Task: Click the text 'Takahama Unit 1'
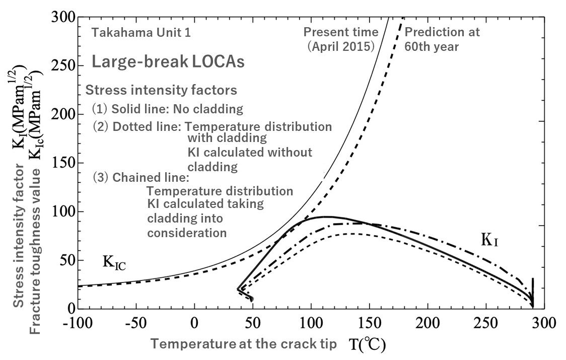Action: (133, 34)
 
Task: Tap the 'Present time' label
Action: (340, 32)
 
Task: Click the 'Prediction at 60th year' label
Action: (442, 38)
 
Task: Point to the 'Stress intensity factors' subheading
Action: (161, 91)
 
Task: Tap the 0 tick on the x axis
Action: (194, 322)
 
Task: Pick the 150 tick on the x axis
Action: (370, 322)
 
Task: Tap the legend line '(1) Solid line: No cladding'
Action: (167, 109)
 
